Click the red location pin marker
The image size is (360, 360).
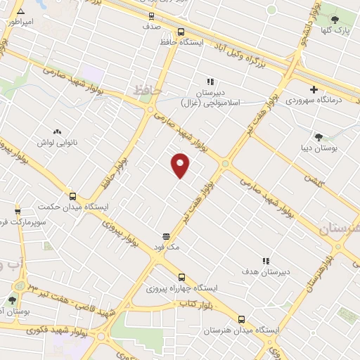pyautogui.click(x=181, y=165)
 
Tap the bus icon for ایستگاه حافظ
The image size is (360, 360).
pyautogui.click(x=181, y=32)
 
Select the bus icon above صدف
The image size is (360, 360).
pyautogui.click(x=152, y=15)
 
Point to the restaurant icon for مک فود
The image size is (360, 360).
pyautogui.click(x=166, y=236)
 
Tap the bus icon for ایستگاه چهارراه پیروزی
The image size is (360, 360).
pyautogui.click(x=181, y=277)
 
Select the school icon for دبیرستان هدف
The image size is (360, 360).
pyautogui.click(x=266, y=260)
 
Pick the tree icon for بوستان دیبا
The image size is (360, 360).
pyautogui.click(x=319, y=137)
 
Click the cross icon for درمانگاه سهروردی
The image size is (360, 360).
pyautogui.click(x=314, y=89)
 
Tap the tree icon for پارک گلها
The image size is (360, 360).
pyautogui.click(x=335, y=19)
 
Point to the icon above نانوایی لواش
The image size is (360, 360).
pyautogui.click(x=58, y=131)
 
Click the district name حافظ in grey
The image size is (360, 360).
pyautogui.click(x=148, y=91)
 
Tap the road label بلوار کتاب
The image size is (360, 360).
pyautogui.click(x=193, y=303)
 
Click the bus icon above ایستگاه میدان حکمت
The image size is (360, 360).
pyautogui.click(x=73, y=196)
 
